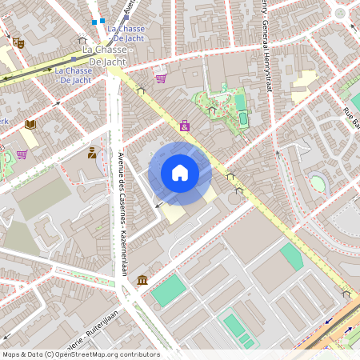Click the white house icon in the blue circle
tap(180, 173)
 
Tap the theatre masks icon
tap(18, 42)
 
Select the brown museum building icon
tap(142, 279)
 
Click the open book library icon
tap(30, 124)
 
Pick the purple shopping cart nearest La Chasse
tap(161, 78)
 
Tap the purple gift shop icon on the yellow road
tap(185, 126)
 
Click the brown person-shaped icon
tap(92, 152)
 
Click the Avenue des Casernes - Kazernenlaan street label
tap(122, 214)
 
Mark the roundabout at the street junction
tap(341, 13)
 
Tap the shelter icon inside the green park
tap(212, 110)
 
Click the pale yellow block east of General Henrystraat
tap(302, 95)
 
